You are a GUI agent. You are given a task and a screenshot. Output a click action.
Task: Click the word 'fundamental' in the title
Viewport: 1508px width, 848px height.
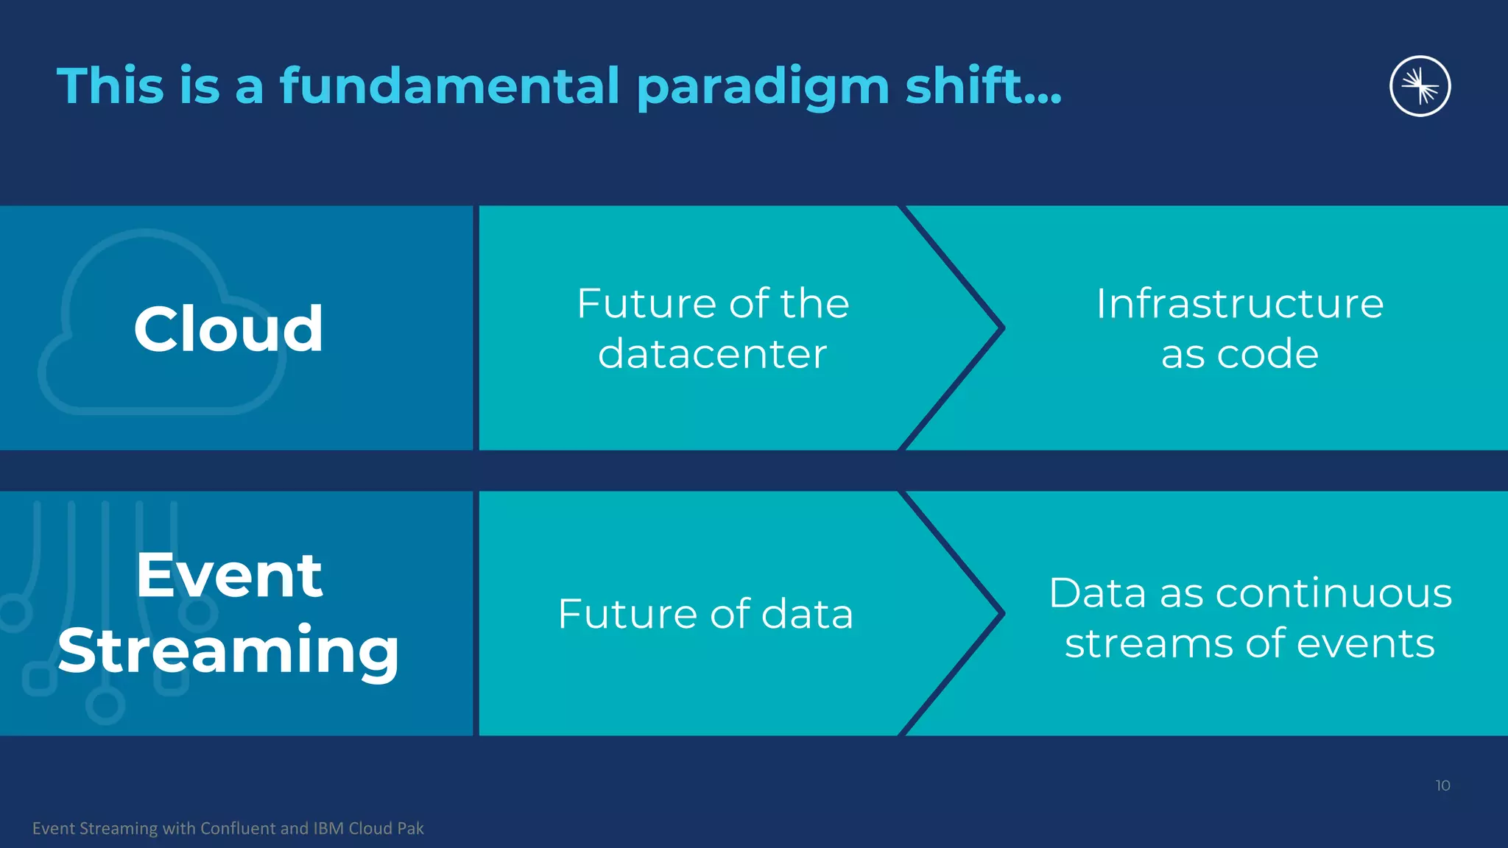pos(450,86)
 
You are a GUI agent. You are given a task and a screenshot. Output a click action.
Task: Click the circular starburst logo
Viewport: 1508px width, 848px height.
pos(1420,86)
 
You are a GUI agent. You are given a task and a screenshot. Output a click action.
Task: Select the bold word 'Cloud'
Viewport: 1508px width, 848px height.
pos(228,329)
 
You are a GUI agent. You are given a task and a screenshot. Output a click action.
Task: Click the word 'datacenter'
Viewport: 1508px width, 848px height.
pos(712,354)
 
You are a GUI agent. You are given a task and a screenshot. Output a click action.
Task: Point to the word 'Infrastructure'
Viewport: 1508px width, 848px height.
pos(1239,303)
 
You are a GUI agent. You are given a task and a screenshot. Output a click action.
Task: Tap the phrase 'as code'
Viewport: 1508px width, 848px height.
pos(1239,354)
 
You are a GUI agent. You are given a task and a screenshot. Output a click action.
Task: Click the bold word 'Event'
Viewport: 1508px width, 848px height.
pos(229,576)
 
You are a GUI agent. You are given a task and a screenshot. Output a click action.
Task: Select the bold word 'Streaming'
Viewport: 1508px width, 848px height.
pos(229,651)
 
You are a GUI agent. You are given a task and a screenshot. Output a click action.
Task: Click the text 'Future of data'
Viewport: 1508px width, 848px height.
pos(705,614)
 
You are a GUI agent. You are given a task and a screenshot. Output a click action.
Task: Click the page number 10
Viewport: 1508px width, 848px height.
pos(1442,785)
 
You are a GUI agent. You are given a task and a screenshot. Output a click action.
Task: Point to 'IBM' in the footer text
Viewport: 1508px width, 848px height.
pos(328,828)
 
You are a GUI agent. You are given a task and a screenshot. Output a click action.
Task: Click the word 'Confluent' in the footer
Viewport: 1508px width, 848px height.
pos(238,828)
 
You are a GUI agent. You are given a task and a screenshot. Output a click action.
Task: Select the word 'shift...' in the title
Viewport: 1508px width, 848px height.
pos(983,86)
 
